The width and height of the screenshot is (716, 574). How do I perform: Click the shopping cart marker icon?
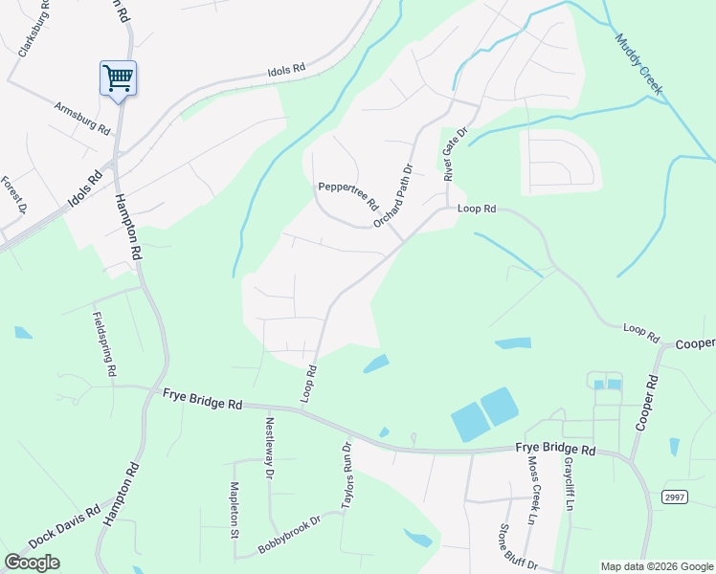[x=118, y=77]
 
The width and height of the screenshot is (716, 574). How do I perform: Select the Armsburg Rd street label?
[x=82, y=117]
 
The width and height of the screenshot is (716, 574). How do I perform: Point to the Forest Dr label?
[x=12, y=195]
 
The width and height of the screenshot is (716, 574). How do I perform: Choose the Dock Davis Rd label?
[x=64, y=527]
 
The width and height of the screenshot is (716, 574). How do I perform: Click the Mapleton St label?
[x=233, y=510]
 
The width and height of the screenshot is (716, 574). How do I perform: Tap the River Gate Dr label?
[x=454, y=155]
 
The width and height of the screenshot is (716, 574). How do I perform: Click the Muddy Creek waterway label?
[x=639, y=65]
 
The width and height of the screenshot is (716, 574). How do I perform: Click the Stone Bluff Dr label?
[x=518, y=548]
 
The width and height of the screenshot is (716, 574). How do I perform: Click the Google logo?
[x=32, y=563]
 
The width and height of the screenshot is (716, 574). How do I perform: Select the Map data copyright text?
[x=657, y=566]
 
